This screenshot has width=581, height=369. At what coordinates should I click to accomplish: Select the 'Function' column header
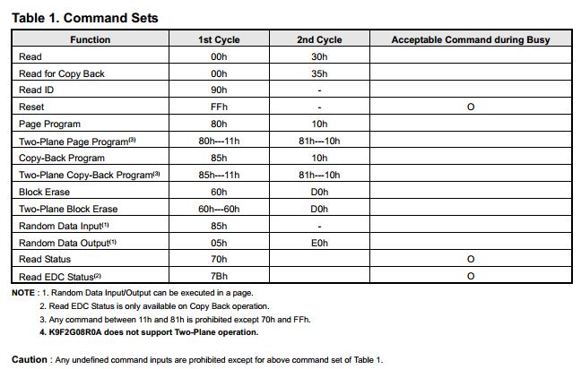90,39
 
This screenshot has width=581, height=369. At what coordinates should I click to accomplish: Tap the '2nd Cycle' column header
319,39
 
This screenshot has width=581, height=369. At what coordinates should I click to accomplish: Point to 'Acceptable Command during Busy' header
470,39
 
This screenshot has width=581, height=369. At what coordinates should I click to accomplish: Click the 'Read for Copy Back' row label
62,73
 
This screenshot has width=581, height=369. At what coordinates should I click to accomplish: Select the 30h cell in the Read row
319,56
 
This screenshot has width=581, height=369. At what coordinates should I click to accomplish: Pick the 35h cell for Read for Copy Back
319,73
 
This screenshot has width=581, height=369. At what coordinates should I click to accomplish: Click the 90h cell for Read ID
218,90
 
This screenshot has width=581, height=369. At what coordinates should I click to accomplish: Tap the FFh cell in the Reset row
218,107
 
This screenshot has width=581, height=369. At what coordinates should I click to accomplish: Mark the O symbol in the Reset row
471,107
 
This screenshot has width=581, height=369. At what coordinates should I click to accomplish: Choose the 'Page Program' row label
49,124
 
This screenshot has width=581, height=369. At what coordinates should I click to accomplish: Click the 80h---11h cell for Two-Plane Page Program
218,141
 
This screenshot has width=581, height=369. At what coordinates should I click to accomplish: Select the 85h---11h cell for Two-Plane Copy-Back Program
218,175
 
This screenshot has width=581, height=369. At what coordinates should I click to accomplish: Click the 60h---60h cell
218,209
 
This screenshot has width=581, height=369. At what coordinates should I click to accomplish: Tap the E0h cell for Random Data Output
319,243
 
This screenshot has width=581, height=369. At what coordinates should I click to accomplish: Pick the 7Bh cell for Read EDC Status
218,277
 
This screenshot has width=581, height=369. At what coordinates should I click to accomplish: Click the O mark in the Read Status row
471,260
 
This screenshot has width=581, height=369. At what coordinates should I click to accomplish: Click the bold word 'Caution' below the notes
29,359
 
